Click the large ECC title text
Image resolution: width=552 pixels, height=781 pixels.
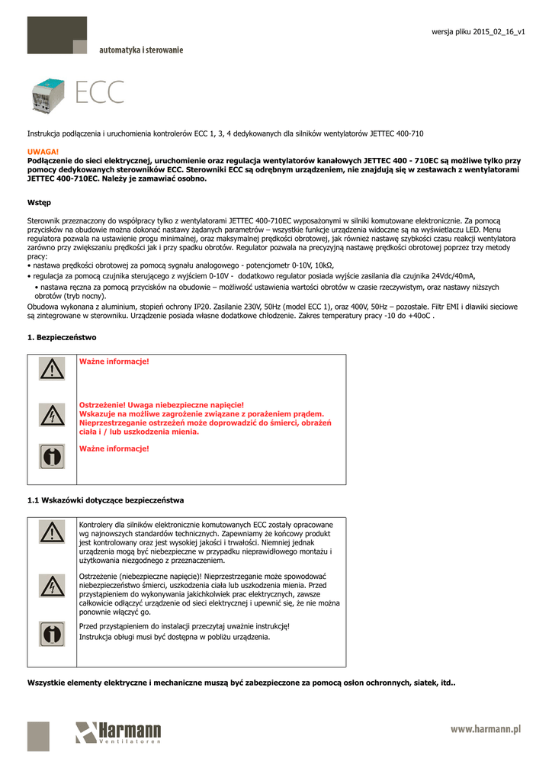pos(100,94)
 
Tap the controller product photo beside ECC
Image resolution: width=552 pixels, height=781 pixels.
pos(50,95)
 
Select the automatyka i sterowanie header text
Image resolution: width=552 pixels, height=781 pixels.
pos(141,50)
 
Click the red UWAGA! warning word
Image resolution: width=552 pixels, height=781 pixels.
pos(43,153)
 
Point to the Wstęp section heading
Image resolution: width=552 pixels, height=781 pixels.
pos(39,203)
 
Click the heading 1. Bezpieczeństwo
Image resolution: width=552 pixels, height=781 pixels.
pos(62,337)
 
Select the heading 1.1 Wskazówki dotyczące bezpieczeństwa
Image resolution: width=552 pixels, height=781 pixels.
pos(105,500)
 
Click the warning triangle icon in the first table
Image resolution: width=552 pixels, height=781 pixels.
pos(52,370)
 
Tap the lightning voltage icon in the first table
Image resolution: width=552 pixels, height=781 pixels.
pos(52,414)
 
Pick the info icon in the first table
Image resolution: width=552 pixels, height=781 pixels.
pos(52,457)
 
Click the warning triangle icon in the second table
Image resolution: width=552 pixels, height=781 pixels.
pos(52,532)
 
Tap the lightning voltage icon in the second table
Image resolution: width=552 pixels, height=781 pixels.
pos(52,586)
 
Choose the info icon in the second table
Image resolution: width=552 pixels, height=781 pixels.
pos(52,633)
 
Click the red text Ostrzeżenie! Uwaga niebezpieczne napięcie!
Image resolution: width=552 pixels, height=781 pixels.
pos(162,404)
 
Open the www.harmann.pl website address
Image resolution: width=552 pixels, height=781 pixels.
pos(485,730)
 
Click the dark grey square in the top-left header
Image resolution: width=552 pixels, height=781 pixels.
pos(56,37)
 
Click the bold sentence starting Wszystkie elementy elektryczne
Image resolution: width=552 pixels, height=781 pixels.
pos(241,683)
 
